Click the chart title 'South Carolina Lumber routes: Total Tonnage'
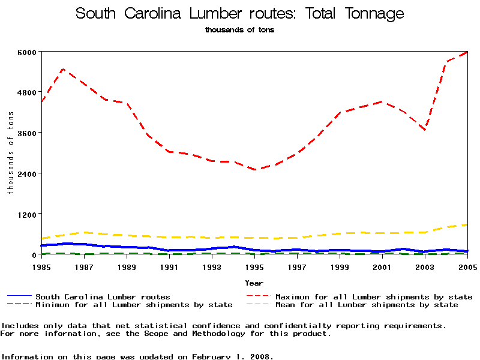(x=240, y=14)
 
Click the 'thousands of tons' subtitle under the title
(x=240, y=29)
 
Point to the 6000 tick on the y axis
(x=28, y=52)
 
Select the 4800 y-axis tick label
(x=28, y=92)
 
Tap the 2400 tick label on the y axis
(x=28, y=173)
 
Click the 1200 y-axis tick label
(x=28, y=214)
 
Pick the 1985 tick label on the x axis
(x=41, y=266)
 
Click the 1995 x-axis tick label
(x=254, y=266)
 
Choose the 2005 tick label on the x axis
(x=467, y=266)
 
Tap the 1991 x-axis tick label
(x=169, y=266)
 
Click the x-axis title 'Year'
(x=254, y=283)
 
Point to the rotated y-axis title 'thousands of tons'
(x=10, y=153)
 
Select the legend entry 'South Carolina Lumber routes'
(x=103, y=296)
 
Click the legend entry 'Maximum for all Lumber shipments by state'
(x=373, y=296)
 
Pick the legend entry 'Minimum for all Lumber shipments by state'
(x=133, y=305)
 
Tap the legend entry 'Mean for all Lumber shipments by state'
(x=366, y=305)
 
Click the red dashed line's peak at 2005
(x=467, y=52)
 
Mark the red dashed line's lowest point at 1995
(x=254, y=170)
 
